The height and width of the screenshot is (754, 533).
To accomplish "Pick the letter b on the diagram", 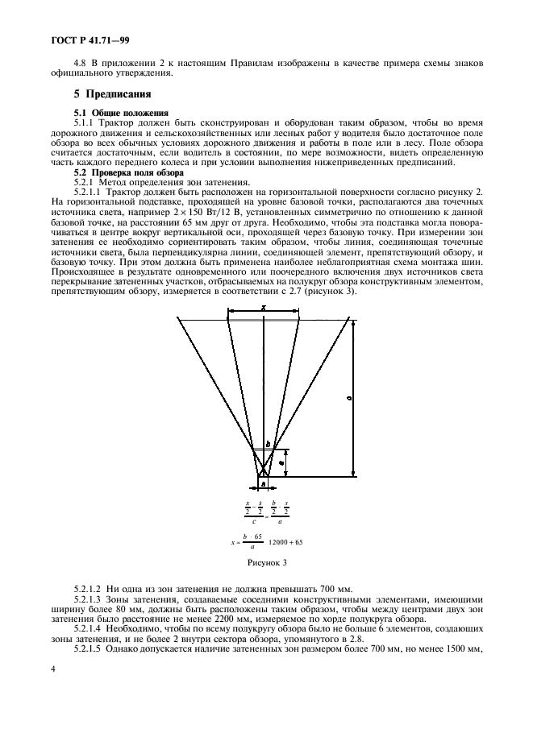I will pos(268,442).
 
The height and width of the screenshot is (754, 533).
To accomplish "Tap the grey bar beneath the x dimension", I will pos(263,320).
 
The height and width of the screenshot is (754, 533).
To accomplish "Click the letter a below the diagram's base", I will pos(263,483).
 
